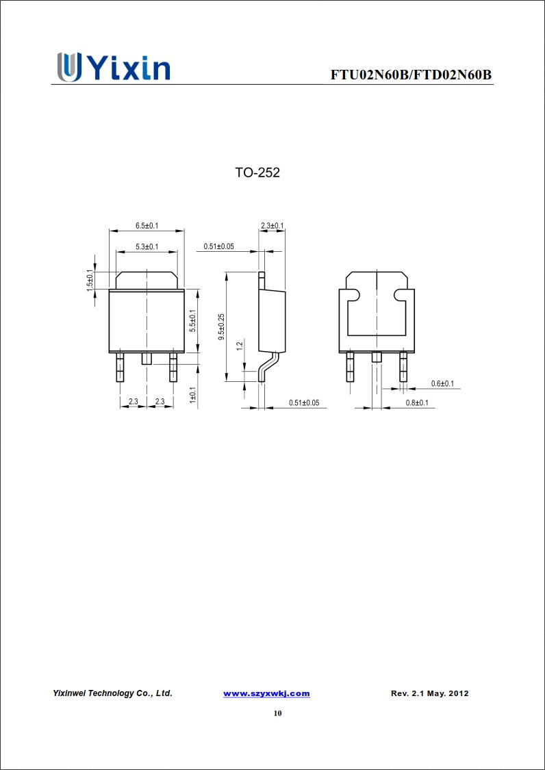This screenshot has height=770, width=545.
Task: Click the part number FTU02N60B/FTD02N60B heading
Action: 411,75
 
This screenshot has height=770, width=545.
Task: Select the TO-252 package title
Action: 257,173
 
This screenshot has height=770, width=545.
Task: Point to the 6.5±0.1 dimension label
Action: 147,226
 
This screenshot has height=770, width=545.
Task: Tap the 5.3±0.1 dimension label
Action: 147,246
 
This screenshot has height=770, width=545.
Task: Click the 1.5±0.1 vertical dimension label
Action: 90,280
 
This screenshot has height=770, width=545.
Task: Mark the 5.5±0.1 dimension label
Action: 192,321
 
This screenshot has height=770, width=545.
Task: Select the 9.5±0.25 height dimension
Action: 220,326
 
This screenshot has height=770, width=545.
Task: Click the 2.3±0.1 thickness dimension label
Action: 272,226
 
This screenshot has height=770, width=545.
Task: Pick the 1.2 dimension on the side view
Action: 239,346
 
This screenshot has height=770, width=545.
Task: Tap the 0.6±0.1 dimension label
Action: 442,384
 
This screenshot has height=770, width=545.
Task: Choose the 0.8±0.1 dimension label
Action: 416,403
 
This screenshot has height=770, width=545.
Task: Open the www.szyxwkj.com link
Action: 266,693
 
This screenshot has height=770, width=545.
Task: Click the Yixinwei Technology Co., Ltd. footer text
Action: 112,693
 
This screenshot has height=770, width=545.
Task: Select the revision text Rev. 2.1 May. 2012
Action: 429,693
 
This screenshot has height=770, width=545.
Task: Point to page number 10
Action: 277,713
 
